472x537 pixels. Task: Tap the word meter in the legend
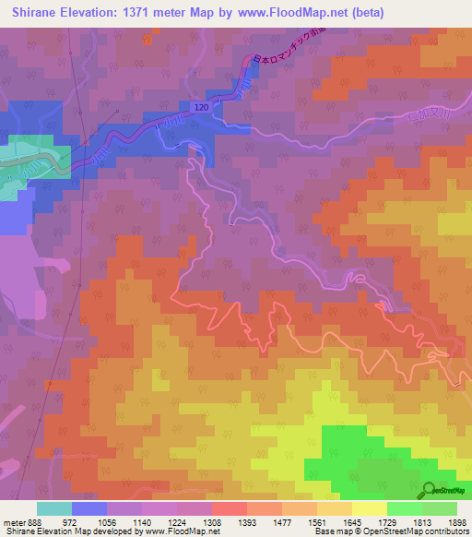pyautogui.click(x=12, y=521)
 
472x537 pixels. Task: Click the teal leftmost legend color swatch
pyautogui.click(x=54, y=508)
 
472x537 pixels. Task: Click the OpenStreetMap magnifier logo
pyautogui.click(x=430, y=490)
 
